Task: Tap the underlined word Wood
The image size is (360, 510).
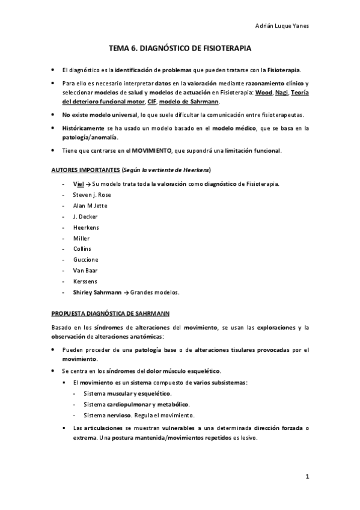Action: tap(263, 93)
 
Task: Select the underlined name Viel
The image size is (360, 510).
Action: tap(78, 184)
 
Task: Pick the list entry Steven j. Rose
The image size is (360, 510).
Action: tap(91, 195)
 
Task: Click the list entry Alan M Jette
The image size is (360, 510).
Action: tap(90, 206)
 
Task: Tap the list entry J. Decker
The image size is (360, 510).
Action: tap(84, 217)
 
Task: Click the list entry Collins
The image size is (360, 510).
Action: tap(82, 249)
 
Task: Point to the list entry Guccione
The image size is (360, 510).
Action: tap(85, 260)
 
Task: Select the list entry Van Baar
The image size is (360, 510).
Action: tap(85, 271)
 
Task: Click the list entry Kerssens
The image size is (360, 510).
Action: tap(84, 281)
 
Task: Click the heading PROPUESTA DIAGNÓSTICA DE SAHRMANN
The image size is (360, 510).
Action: tap(110, 313)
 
